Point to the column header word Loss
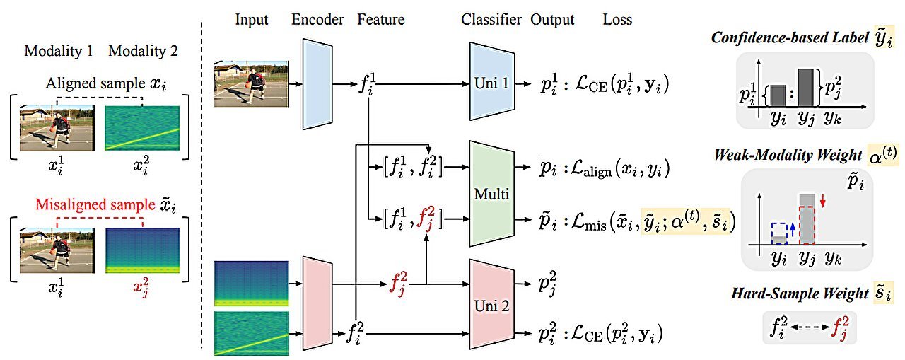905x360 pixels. point(617,20)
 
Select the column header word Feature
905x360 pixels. point(381,20)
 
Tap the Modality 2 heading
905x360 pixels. point(143,51)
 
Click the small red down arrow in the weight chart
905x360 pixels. point(824,204)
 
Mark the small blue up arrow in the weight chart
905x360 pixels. point(792,226)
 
